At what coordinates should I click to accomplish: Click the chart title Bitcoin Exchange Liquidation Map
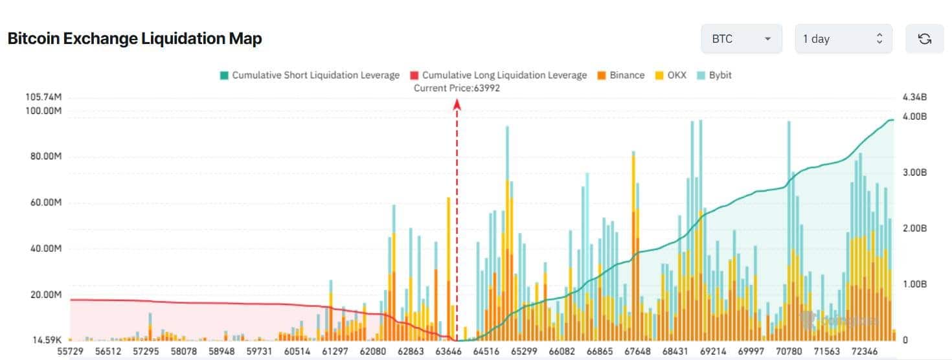(x=135, y=39)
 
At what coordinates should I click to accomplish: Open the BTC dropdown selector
(x=741, y=39)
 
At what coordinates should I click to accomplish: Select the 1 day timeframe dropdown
(x=843, y=39)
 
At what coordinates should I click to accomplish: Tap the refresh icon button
(x=924, y=39)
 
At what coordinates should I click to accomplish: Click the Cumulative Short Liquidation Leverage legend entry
(x=310, y=75)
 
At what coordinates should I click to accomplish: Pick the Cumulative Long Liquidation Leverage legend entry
(x=498, y=75)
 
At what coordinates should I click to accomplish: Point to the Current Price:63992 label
(x=457, y=88)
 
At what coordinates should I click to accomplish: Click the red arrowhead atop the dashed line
(x=457, y=104)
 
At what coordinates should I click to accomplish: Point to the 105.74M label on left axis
(x=43, y=97)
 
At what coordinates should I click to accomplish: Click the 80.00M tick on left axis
(x=43, y=157)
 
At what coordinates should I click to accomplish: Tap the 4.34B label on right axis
(x=914, y=97)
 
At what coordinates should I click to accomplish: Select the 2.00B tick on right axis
(x=914, y=229)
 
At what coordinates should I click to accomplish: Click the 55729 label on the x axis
(x=70, y=351)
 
